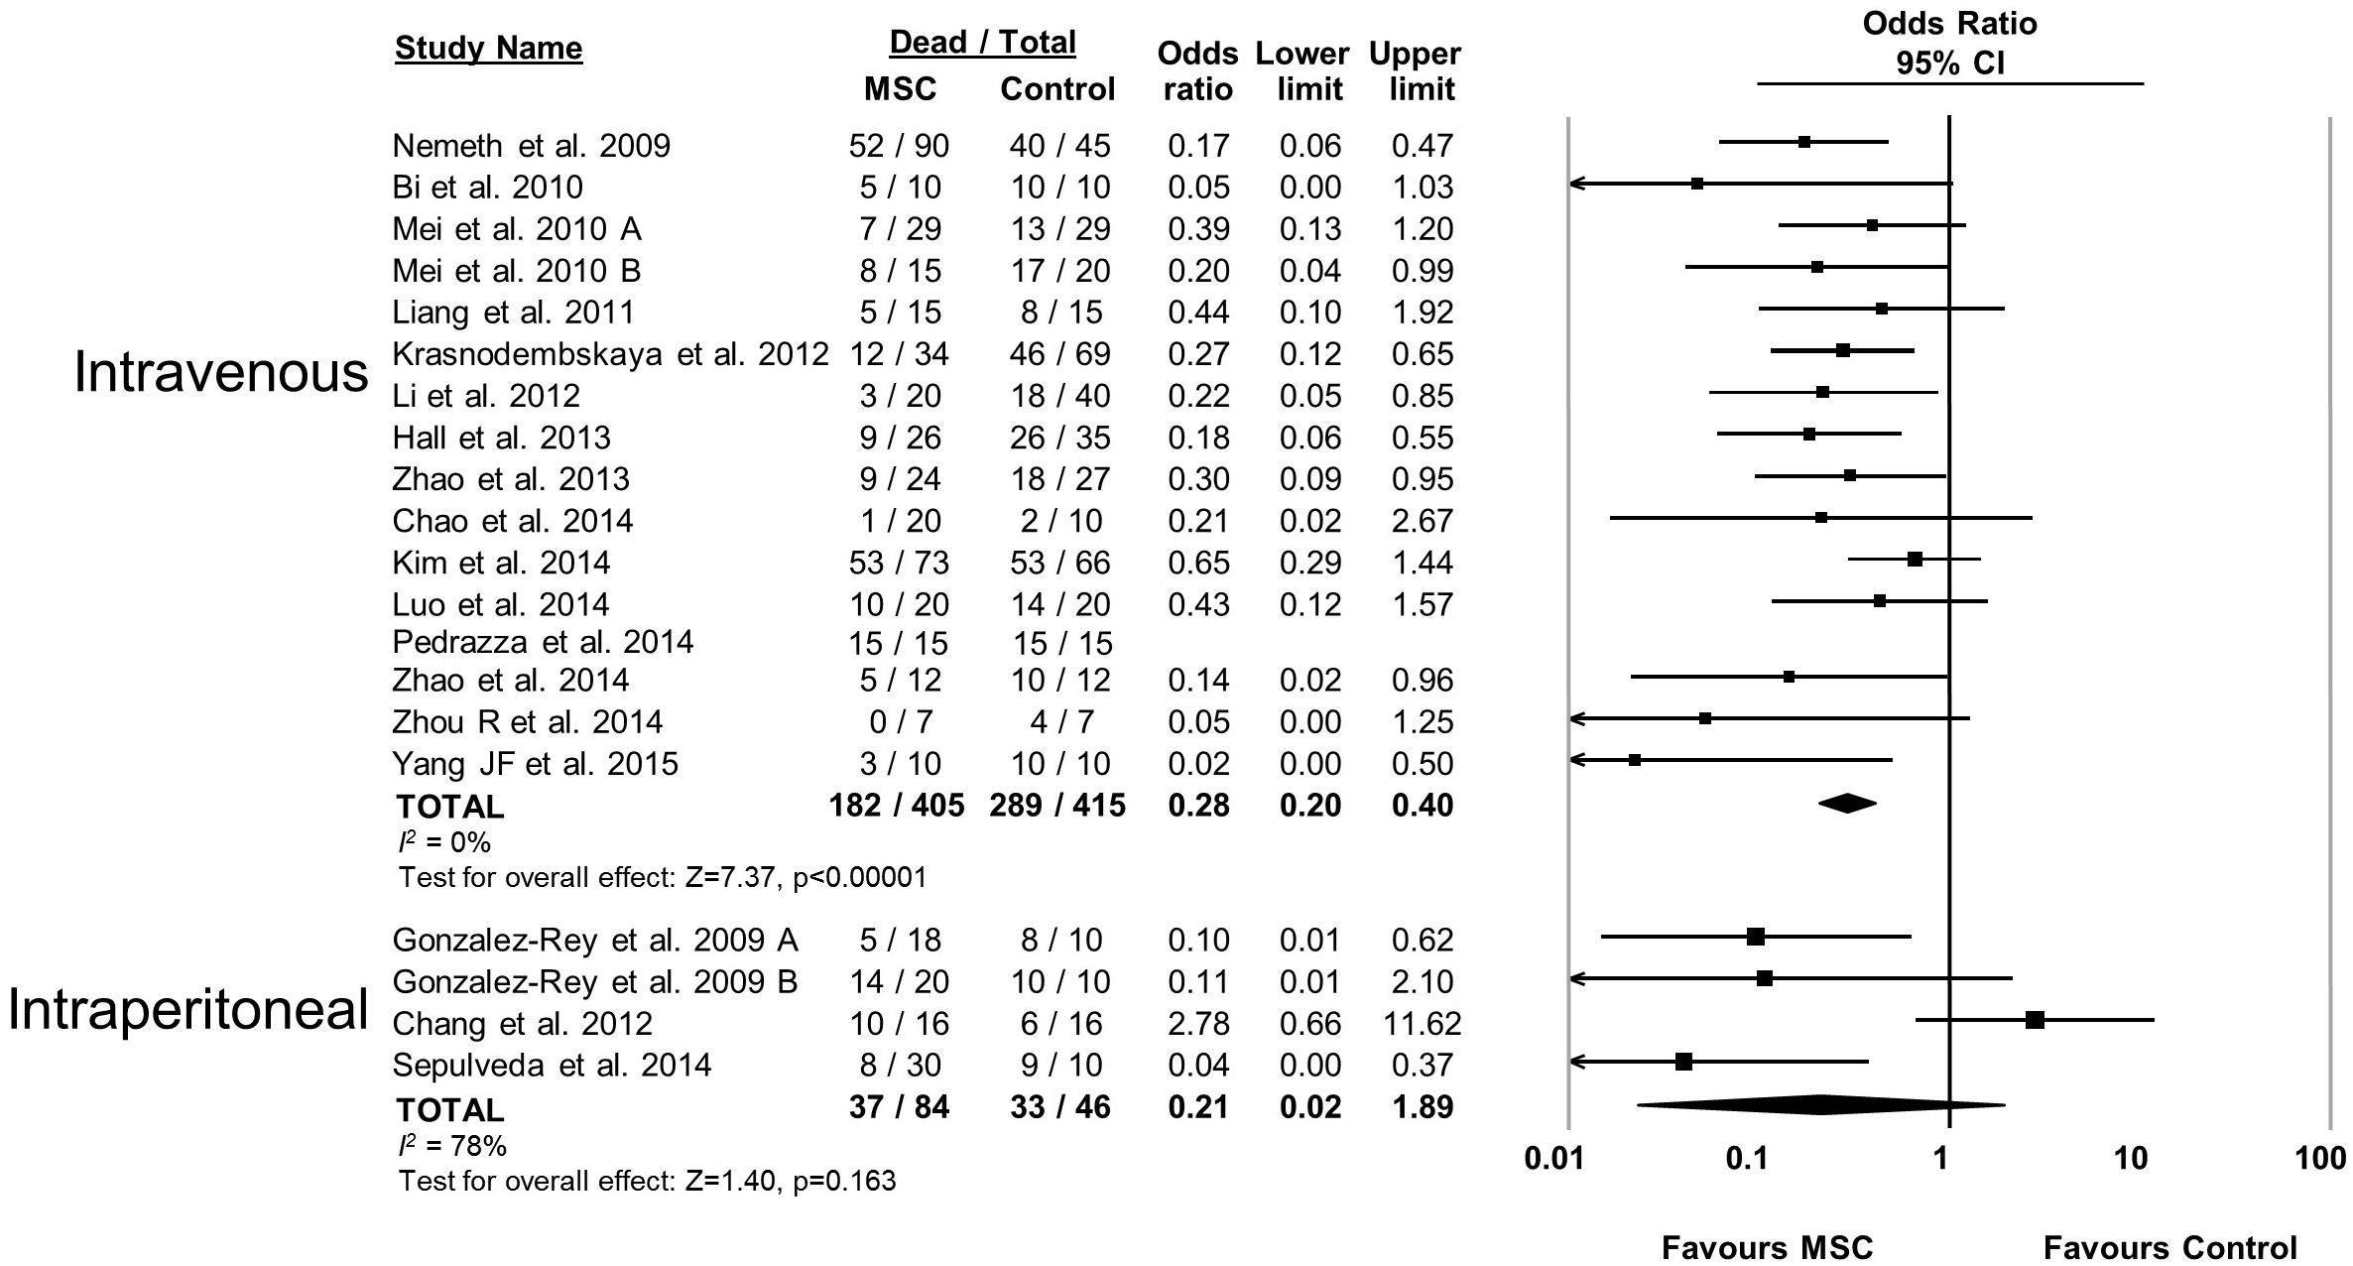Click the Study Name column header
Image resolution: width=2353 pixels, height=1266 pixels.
488,48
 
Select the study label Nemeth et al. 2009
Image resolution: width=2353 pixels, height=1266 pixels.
531,146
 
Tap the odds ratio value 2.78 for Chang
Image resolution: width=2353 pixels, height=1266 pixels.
1198,1023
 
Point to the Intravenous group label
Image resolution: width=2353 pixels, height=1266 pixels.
221,374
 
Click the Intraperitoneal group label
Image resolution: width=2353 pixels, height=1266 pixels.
188,1010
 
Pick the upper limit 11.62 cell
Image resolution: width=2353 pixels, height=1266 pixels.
1423,1023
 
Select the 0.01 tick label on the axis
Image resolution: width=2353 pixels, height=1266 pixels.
1553,1158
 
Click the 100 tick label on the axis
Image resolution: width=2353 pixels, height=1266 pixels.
2320,1158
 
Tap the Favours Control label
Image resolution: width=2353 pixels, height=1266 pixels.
2170,1247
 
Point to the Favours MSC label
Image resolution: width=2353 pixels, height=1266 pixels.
1767,1247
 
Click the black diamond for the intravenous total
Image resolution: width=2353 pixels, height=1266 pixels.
1847,804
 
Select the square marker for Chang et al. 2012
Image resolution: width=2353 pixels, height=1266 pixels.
2035,1020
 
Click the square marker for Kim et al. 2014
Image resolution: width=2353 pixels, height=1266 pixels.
1915,560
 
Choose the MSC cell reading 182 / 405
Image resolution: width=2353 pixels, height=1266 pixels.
897,805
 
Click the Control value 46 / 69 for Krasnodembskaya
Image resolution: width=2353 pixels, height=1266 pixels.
1059,354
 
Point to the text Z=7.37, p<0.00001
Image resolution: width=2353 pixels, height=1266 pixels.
805,877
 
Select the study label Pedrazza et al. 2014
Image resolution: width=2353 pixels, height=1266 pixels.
543,642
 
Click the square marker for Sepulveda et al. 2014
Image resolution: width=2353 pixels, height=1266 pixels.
1683,1062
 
